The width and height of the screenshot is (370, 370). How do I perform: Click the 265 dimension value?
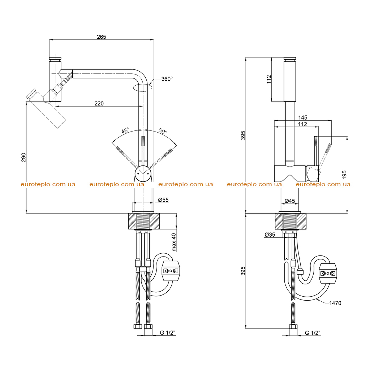pyautogui.click(x=102, y=37)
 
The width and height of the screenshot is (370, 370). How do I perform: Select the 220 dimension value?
pyautogui.click(x=99, y=103)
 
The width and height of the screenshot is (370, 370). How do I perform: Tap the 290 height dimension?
pyautogui.click(x=23, y=158)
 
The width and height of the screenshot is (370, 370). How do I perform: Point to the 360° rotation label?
pyautogui.click(x=167, y=79)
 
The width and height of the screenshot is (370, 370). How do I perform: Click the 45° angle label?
pyautogui.click(x=125, y=130)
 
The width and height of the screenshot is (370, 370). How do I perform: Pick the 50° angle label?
pyautogui.click(x=163, y=131)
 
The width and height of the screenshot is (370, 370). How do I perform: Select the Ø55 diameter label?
pyautogui.click(x=163, y=200)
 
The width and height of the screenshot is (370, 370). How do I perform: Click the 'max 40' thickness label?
pyautogui.click(x=174, y=242)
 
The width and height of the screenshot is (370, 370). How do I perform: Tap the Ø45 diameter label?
pyautogui.click(x=290, y=201)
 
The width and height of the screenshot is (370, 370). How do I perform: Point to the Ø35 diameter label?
pyautogui.click(x=270, y=235)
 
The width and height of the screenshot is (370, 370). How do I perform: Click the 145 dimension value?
pyautogui.click(x=303, y=117)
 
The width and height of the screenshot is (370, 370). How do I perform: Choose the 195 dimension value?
pyautogui.click(x=344, y=175)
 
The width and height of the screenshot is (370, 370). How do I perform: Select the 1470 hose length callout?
pyautogui.click(x=335, y=303)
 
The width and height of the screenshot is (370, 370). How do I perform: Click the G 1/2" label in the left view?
pyautogui.click(x=168, y=333)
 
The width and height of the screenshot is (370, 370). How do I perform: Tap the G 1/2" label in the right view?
pyautogui.click(x=313, y=333)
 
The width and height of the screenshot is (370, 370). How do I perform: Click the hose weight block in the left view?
pyautogui.click(x=171, y=271)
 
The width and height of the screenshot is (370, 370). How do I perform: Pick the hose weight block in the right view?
pyautogui.click(x=328, y=273)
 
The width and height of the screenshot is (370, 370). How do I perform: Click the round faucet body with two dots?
pyautogui.click(x=143, y=174)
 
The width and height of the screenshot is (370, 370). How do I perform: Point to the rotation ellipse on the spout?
pyautogui.click(x=142, y=87)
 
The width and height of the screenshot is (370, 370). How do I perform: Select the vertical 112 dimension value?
pyautogui.click(x=269, y=79)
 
